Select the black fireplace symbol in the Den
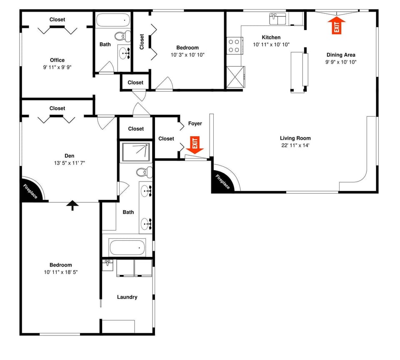tap(30, 191)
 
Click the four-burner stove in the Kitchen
tap(235, 45)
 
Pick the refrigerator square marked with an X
tap(234, 77)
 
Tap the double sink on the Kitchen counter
tap(278, 19)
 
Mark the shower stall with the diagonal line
tap(135, 152)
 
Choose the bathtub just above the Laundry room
tap(127, 248)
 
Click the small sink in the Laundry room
tap(108, 264)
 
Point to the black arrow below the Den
tap(73, 205)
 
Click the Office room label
tap(57, 60)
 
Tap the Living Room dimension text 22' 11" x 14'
tap(295, 146)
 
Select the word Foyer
tap(195, 123)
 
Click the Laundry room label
tap(127, 297)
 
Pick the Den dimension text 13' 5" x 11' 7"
tap(69, 163)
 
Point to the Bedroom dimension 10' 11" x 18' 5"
tap(61, 272)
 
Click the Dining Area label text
tap(340, 55)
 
